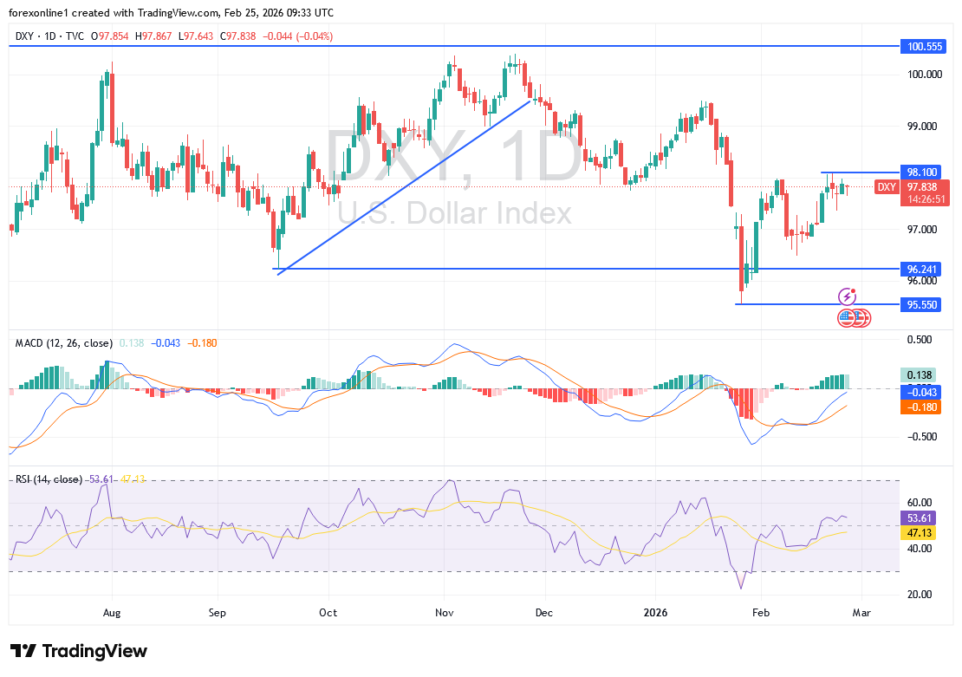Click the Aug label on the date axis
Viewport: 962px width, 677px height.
tap(112, 611)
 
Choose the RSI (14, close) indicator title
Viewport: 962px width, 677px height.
tap(49, 479)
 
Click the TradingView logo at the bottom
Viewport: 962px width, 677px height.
tap(79, 651)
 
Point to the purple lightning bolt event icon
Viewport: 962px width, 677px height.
tap(847, 297)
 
